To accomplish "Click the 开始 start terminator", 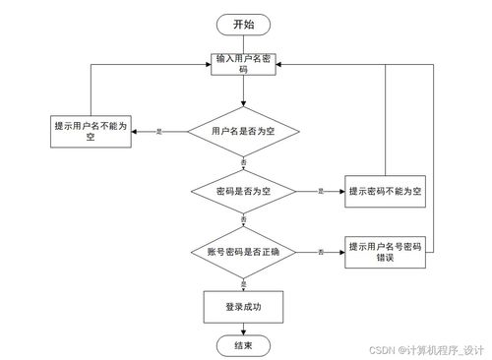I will (x=242, y=25).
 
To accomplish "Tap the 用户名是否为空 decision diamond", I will (x=242, y=131).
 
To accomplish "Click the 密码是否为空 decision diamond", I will (x=242, y=190).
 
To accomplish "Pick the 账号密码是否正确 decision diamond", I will (x=242, y=253).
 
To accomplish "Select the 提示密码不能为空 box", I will (x=385, y=190).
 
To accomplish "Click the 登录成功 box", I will (x=242, y=307).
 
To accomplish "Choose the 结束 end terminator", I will (x=242, y=345).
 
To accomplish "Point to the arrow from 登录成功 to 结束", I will (x=242, y=328).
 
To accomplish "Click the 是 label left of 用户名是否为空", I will (x=160, y=131).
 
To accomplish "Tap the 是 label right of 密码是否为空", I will (x=320, y=190).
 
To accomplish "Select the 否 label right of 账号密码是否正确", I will (x=321, y=253).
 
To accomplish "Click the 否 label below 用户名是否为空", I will (x=243, y=161).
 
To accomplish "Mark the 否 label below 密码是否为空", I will (x=243, y=220).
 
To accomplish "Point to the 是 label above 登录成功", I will (x=243, y=283).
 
